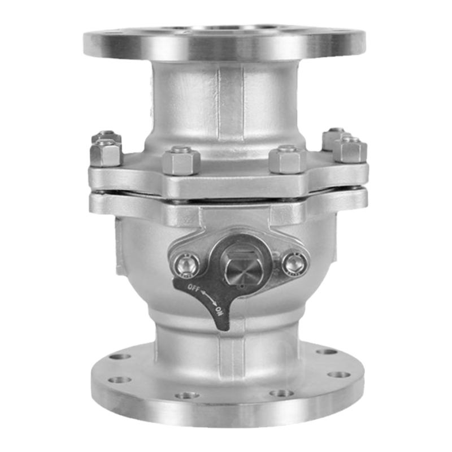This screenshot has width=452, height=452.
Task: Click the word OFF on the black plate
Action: point(193,288)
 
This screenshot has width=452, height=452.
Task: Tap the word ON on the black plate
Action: point(220,311)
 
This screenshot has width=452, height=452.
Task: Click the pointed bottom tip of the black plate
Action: point(224,329)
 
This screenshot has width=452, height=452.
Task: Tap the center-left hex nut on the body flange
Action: point(181,162)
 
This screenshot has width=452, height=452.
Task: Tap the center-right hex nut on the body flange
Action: point(288,161)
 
